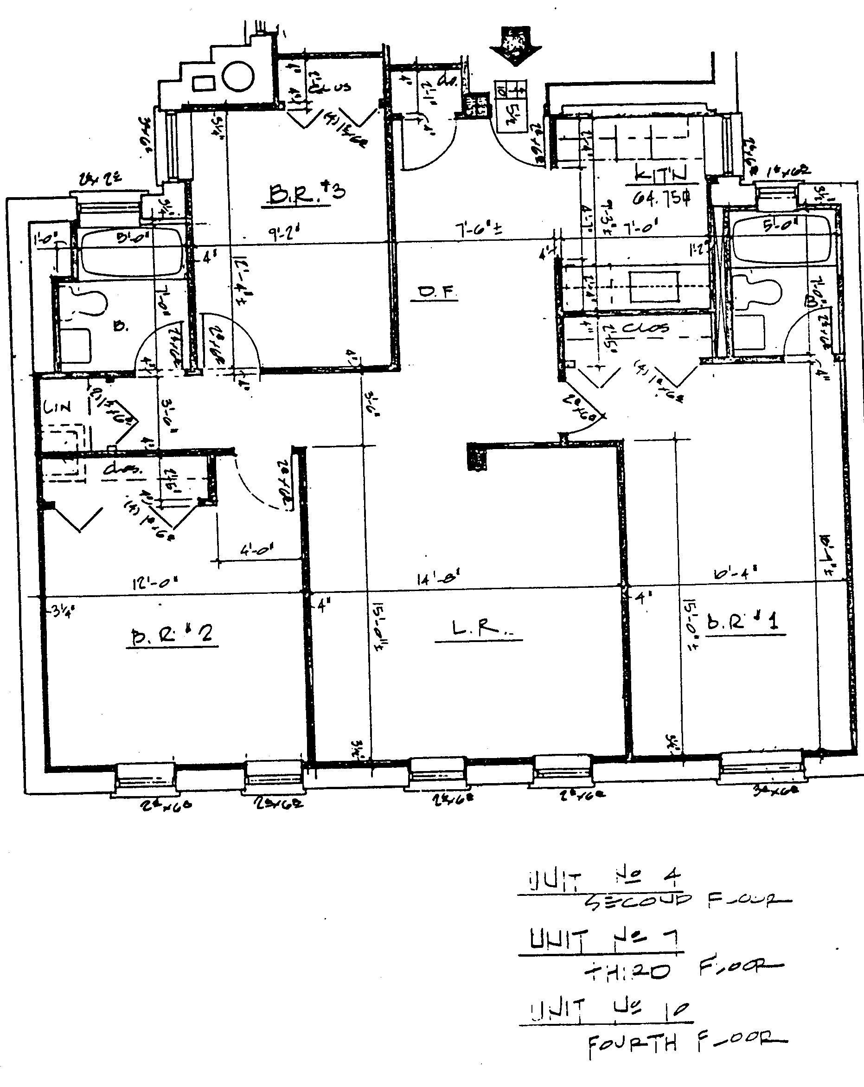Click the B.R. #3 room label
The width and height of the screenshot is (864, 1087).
[307, 193]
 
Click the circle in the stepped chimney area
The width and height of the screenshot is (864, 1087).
[238, 76]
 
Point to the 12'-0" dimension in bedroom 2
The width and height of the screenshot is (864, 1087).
[155, 584]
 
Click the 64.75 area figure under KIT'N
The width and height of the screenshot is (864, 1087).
[661, 199]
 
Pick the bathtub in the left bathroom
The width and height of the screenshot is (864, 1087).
[129, 250]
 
